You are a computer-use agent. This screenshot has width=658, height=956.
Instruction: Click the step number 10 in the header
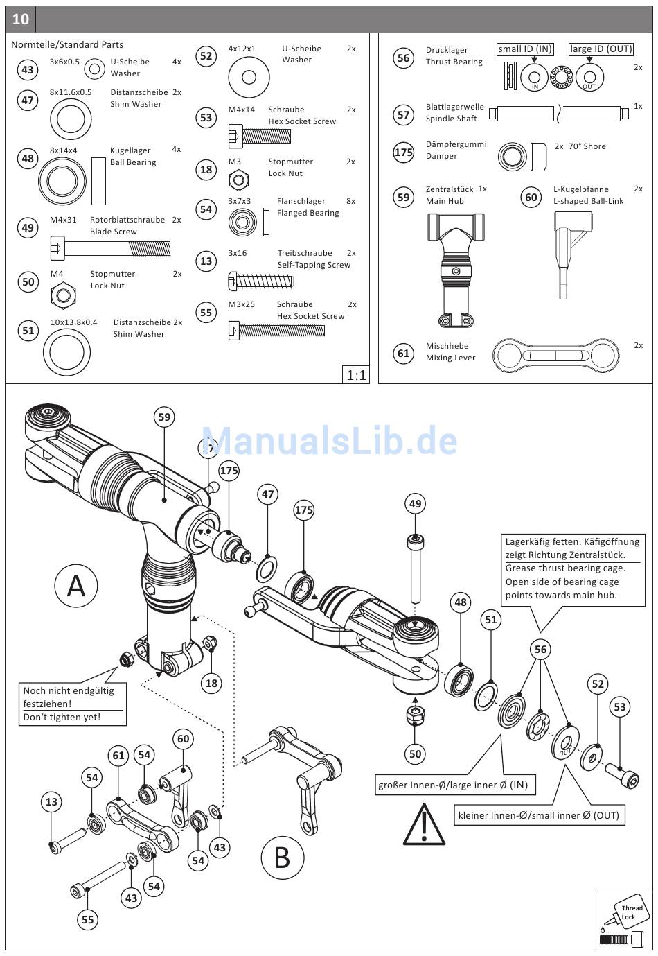pyautogui.click(x=21, y=19)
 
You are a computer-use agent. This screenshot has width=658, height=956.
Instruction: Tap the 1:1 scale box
pyautogui.click(x=356, y=375)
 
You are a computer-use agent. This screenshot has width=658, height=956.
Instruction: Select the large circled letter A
pyautogui.click(x=75, y=586)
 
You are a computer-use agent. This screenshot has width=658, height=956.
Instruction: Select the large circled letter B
pyautogui.click(x=282, y=858)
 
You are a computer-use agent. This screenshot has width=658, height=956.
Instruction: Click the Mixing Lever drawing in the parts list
pyautogui.click(x=555, y=355)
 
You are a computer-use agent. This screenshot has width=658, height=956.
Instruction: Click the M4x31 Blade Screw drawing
pyautogui.click(x=110, y=247)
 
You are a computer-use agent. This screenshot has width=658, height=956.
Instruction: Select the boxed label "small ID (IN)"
pyautogui.click(x=525, y=49)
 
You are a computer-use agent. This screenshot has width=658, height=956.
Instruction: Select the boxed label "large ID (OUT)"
pyautogui.click(x=601, y=49)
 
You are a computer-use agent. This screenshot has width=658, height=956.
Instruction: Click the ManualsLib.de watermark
pyautogui.click(x=329, y=440)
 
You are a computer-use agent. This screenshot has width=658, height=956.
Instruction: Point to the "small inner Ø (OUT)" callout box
pyautogui.click(x=538, y=815)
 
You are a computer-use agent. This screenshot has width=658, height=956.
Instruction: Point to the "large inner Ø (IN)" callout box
pyautogui.click(x=453, y=785)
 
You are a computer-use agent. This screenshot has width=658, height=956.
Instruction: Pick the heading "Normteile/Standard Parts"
pyautogui.click(x=67, y=44)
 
